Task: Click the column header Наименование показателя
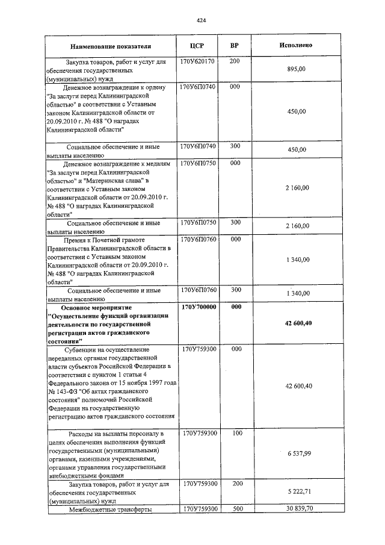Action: [110, 46]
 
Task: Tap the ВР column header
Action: [235, 45]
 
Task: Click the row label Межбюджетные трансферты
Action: [109, 509]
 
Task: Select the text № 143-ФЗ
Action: [62, 390]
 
